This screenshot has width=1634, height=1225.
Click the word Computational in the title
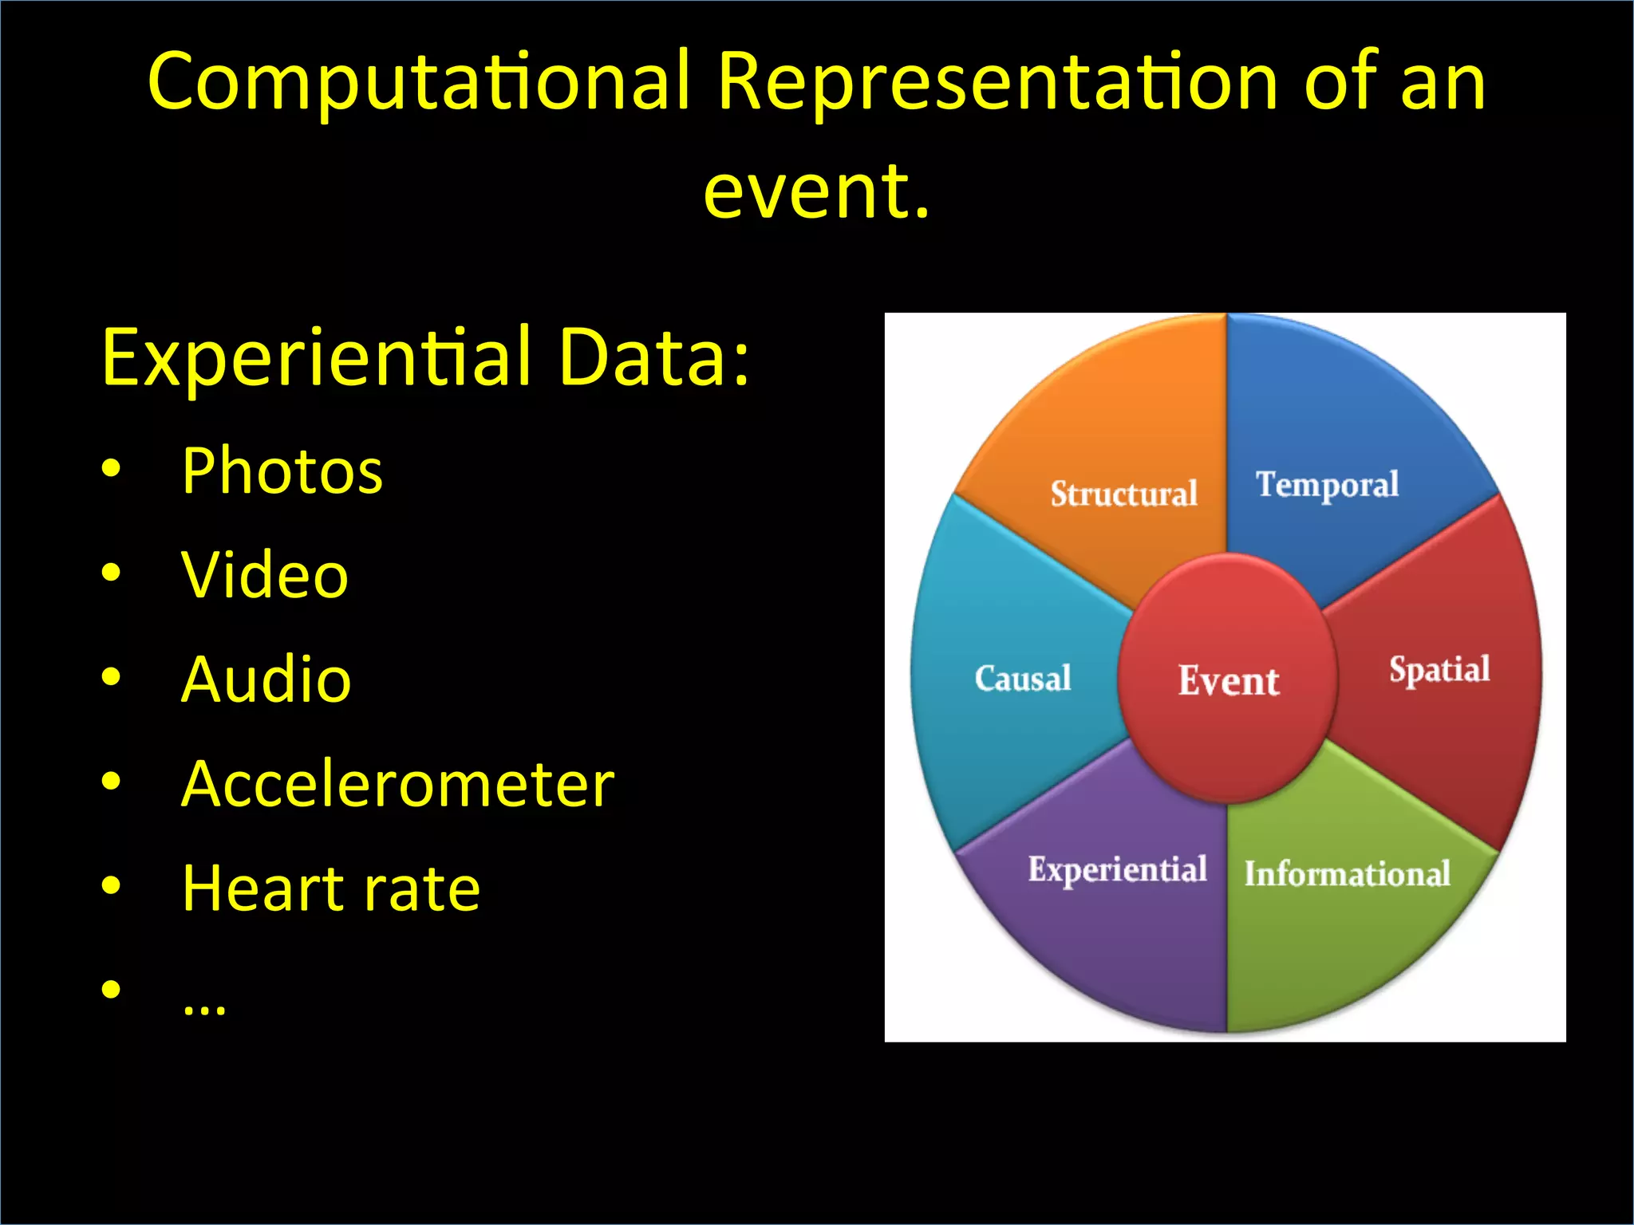tap(419, 82)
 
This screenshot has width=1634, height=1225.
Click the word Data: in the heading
tap(653, 356)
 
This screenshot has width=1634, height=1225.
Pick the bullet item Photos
tap(282, 471)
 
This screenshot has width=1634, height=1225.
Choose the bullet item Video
tap(265, 575)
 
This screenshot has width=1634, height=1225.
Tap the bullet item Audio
tap(266, 679)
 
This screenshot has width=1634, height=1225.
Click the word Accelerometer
tap(397, 784)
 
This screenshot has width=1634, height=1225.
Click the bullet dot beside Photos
tap(112, 468)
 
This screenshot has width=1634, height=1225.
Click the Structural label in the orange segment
tap(1123, 494)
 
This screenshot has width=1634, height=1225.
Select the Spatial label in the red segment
tap(1439, 669)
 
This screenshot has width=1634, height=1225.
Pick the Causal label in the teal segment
tap(1022, 679)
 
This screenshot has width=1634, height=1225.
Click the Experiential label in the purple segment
tap(1117, 869)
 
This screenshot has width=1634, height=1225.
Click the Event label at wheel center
tap(1229, 681)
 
